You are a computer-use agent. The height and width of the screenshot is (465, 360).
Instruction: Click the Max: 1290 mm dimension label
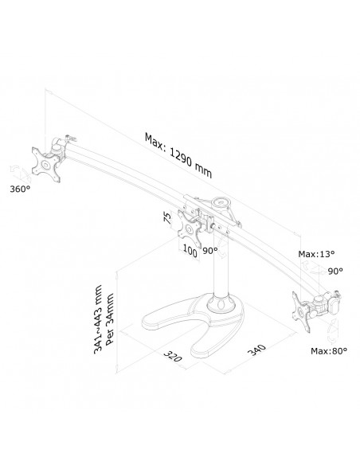pos(178,155)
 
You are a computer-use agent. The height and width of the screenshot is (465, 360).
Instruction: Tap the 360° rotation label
pos(20,189)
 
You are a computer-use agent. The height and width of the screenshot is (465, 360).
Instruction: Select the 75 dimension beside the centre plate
pos(167,218)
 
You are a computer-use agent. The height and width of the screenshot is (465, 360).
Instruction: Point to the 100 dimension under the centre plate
pos(190,251)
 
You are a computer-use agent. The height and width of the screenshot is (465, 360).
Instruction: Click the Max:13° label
pos(316,254)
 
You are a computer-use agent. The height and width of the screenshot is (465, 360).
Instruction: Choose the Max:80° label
pos(329,351)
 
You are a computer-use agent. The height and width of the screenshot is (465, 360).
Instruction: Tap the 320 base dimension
pos(172,356)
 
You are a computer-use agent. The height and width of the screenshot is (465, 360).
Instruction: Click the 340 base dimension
pos(256,350)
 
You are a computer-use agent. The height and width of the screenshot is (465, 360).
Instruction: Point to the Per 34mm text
pos(109,318)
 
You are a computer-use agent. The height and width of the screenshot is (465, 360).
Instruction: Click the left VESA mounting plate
pos(46,165)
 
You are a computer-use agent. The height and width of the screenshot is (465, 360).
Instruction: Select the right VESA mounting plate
pos(301,311)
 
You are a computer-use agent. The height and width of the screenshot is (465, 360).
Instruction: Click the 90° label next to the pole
pos(210,251)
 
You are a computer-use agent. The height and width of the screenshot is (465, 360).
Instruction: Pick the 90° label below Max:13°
pos(335,271)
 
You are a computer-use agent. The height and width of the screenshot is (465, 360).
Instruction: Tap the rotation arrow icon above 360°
pos(20,174)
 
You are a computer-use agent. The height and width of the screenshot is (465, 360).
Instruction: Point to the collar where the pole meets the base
pos(221,303)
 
